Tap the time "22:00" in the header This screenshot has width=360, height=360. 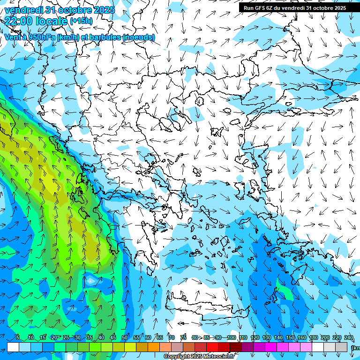[x=19, y=21]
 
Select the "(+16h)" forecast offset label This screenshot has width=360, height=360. [x=81, y=21]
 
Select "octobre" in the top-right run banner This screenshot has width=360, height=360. [x=319, y=8]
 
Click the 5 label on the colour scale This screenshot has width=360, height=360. [x=17, y=337]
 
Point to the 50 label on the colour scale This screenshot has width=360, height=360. [x=124, y=337]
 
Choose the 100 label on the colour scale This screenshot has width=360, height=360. [x=231, y=337]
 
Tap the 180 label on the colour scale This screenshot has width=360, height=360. [x=313, y=337]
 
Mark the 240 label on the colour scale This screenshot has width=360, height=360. [x=348, y=337]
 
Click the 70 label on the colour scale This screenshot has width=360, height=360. [x=172, y=337]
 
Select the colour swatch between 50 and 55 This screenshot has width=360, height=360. [x=130, y=347]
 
